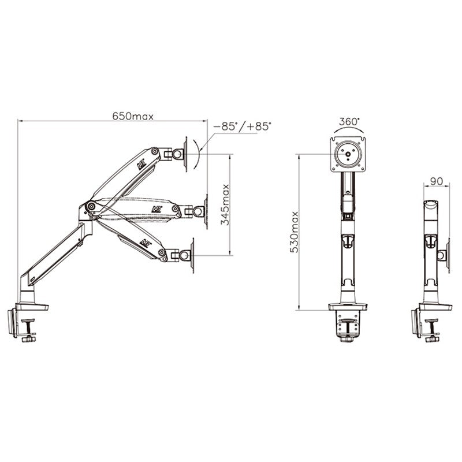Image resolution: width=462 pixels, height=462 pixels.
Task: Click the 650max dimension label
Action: (x=133, y=117)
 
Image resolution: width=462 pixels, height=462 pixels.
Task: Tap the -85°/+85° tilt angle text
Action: (x=242, y=126)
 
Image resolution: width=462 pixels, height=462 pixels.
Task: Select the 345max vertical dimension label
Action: (x=225, y=204)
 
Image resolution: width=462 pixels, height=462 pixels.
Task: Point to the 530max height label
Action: (x=295, y=232)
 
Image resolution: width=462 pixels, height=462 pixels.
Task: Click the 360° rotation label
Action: (x=349, y=121)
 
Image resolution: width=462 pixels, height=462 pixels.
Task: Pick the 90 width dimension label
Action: (x=437, y=181)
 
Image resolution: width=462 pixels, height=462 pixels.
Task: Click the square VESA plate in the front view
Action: (x=348, y=154)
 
